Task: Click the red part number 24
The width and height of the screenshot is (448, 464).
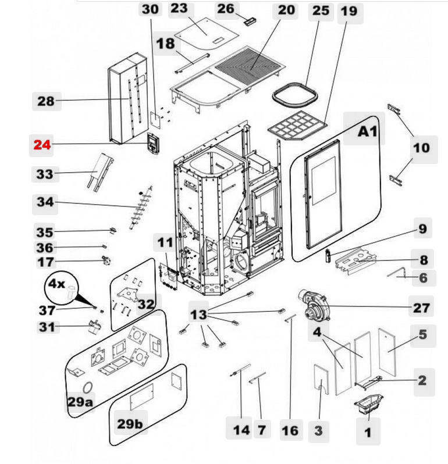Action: click(42, 145)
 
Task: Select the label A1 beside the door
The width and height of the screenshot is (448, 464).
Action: click(368, 132)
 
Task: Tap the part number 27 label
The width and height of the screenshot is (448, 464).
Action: click(421, 307)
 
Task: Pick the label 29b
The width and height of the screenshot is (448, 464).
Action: click(129, 424)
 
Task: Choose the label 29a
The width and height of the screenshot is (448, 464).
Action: click(80, 401)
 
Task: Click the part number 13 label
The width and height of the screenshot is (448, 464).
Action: click(199, 315)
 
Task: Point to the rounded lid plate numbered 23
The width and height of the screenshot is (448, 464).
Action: click(200, 34)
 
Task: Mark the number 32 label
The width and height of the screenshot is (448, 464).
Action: click(147, 303)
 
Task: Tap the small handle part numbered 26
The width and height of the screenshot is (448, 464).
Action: click(251, 20)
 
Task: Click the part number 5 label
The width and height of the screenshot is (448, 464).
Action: click(422, 334)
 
